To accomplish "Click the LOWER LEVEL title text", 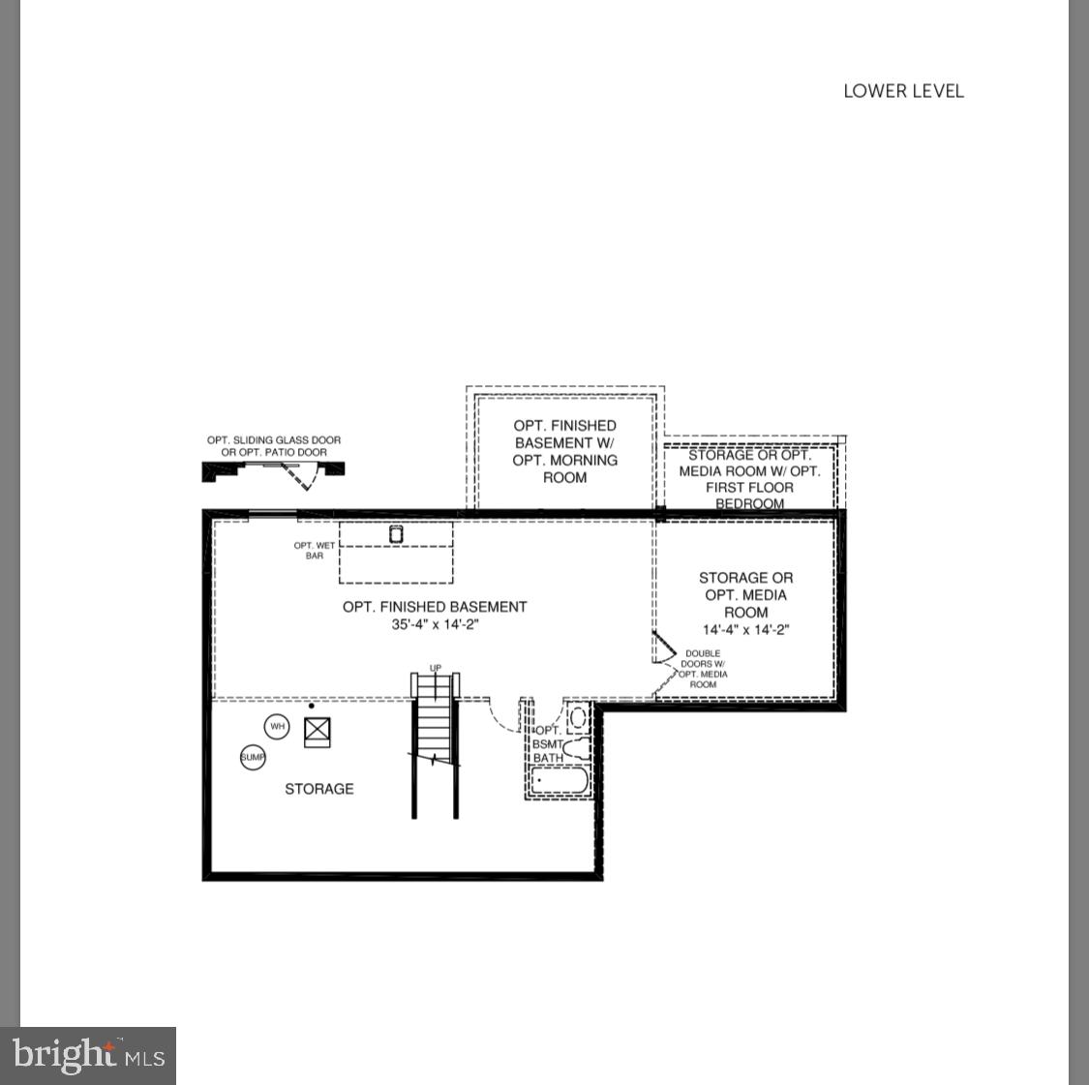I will click(x=903, y=91).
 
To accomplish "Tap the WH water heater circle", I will click(x=278, y=727).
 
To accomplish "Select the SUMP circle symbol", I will click(x=253, y=757).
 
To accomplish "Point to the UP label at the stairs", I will click(x=436, y=669).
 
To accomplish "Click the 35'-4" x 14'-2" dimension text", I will click(x=435, y=625).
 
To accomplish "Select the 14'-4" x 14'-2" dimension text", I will click(x=745, y=630).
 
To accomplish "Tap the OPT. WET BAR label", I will click(x=315, y=551).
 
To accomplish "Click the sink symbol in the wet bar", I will click(x=396, y=533).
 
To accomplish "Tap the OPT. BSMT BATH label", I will click(x=548, y=744).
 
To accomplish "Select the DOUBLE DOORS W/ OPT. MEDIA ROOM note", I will click(x=704, y=669).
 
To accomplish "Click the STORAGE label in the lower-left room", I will click(x=319, y=789).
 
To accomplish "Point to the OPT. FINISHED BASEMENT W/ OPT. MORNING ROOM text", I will click(x=564, y=451).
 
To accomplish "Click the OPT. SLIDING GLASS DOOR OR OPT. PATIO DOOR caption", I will click(x=274, y=446).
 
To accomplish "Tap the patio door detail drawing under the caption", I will click(x=273, y=471).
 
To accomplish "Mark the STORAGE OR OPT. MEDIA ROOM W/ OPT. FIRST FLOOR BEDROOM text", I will click(x=749, y=479).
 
